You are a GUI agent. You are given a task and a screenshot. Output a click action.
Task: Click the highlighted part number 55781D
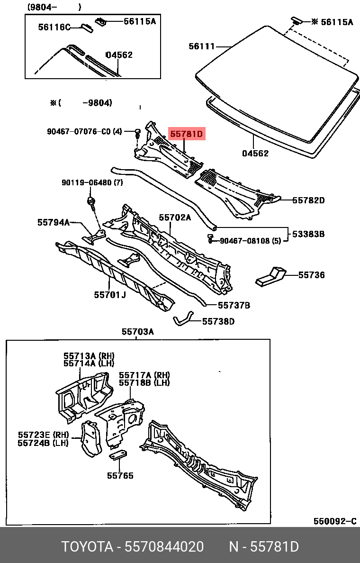coord(186,134)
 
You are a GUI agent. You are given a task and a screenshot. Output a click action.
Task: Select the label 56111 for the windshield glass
coord(202,46)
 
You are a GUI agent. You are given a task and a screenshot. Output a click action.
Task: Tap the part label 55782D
coord(308,200)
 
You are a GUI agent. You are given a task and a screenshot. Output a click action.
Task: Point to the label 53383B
coord(308,234)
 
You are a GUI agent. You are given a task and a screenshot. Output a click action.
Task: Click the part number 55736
coord(311,275)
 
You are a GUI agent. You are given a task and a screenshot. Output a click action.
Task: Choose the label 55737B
coord(234,305)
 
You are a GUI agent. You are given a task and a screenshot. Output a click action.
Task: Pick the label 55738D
coord(218,321)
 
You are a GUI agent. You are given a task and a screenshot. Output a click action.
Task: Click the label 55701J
coord(110,295)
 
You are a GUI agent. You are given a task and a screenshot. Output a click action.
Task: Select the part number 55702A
coord(175,218)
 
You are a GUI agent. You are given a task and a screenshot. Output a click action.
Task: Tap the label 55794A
coord(54,222)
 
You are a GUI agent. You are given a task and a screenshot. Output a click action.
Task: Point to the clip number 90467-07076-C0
coord(78,131)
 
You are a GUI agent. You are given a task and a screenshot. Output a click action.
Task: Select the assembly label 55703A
coord(138,332)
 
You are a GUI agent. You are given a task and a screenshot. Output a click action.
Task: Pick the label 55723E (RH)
coord(43,435)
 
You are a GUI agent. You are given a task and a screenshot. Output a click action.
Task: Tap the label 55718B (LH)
coord(144,382)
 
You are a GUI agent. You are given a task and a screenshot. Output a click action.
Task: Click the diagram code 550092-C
coord(334,521)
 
